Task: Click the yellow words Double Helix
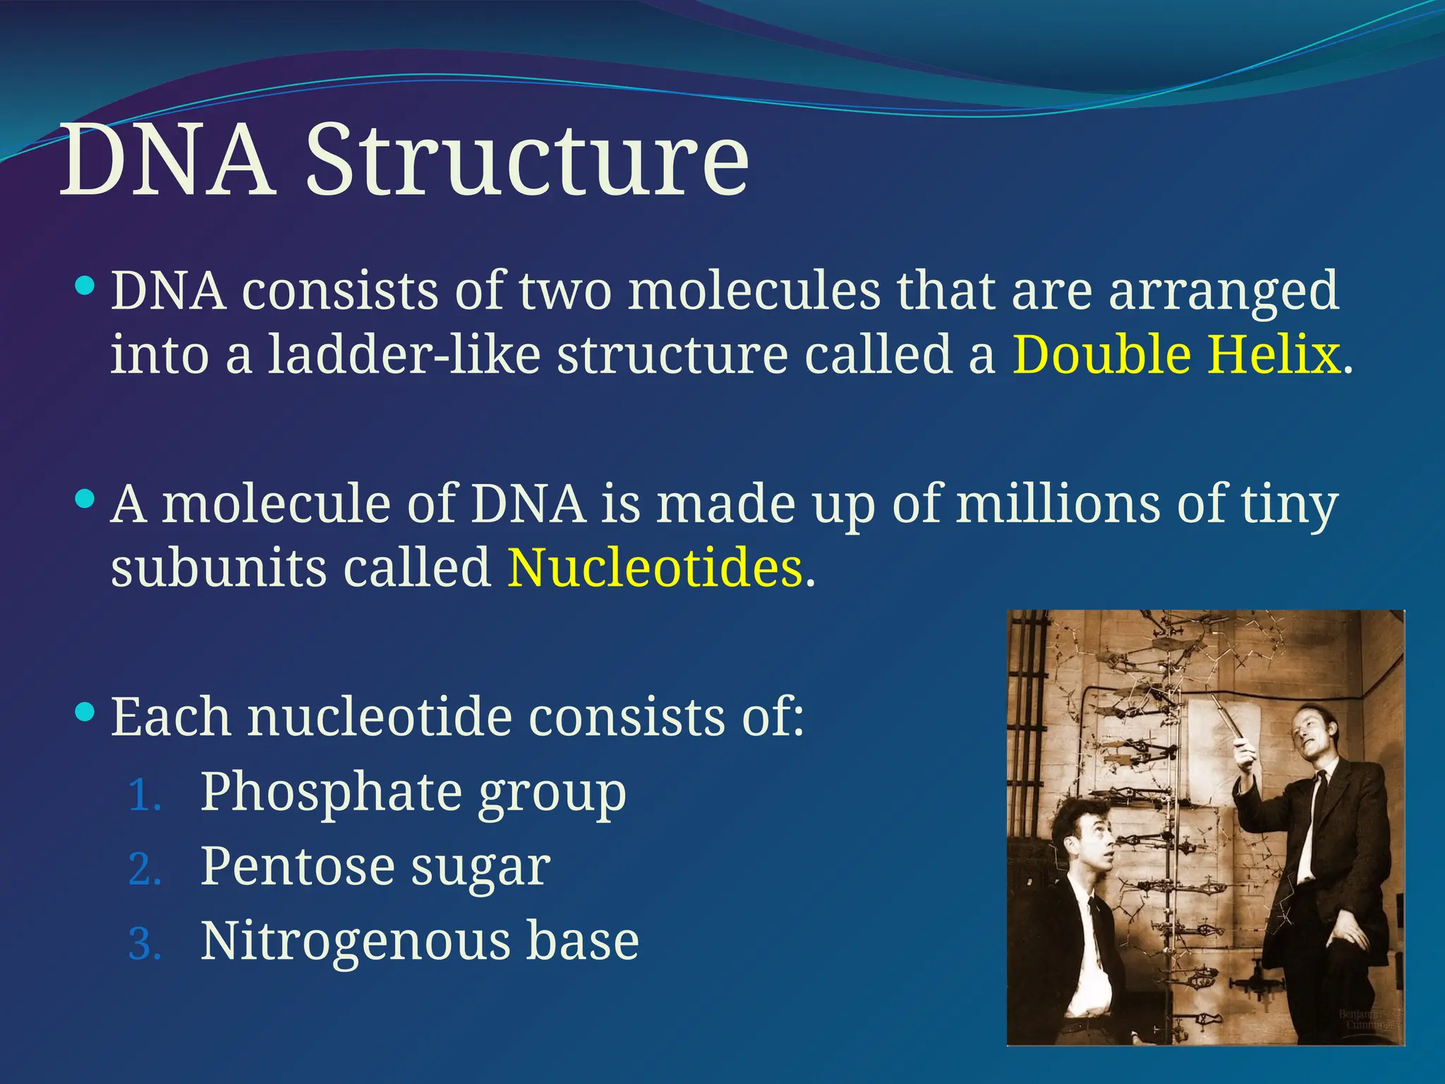point(1175,354)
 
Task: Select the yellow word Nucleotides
point(654,567)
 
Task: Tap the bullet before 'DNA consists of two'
point(85,287)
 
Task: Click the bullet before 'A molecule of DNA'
point(85,500)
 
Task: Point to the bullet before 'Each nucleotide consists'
point(85,713)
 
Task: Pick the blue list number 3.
point(145,945)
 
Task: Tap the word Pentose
point(297,867)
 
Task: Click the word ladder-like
point(404,354)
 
